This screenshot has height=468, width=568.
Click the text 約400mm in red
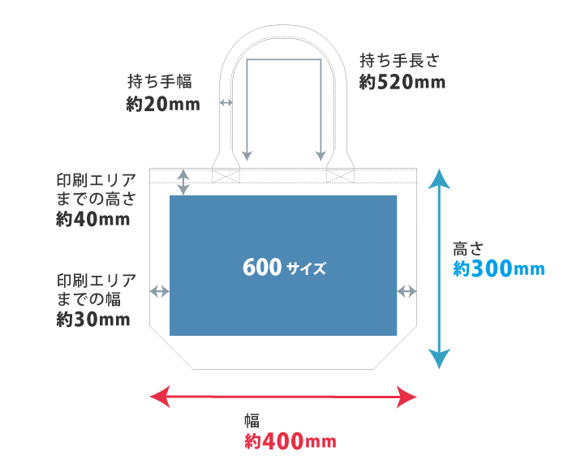tap(290, 441)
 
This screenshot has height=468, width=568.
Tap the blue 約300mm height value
tap(498, 269)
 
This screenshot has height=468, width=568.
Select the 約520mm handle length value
tap(402, 82)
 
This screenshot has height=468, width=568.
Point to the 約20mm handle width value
tap(163, 104)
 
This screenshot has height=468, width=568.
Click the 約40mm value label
tap(93, 219)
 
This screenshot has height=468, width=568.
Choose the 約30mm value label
tap(93, 320)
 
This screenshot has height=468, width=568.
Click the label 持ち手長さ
tap(399, 59)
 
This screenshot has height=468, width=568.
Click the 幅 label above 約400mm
tap(252, 420)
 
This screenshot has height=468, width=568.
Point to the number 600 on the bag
tap(261, 267)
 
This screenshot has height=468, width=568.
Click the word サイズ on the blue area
tap(306, 268)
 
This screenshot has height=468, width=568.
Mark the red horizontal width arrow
tap(284, 397)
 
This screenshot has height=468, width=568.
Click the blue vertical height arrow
tap(439, 268)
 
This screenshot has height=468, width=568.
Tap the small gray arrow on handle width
tap(226, 103)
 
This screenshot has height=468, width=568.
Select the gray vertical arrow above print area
tap(183, 182)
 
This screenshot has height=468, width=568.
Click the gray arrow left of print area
tap(160, 291)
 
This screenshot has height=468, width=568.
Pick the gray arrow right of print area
tap(407, 291)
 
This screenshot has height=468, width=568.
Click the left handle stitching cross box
tap(226, 175)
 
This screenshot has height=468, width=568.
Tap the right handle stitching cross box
tap(340, 175)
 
